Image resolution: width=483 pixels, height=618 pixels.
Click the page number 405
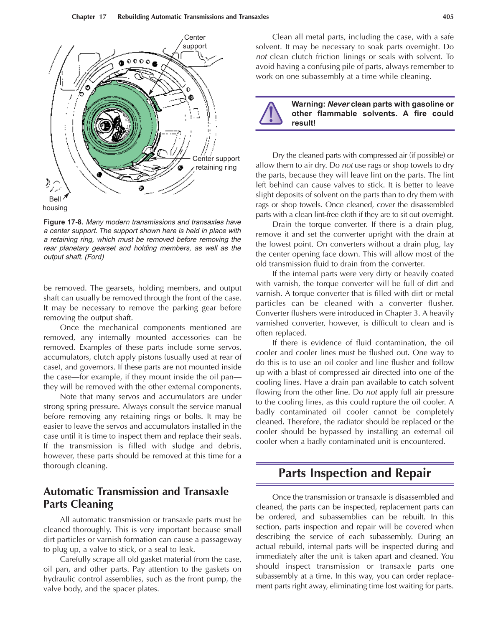[x=447, y=17]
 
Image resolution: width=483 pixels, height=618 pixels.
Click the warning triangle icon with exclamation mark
[x=271, y=113]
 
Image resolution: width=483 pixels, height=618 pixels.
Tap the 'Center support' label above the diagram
[x=195, y=42]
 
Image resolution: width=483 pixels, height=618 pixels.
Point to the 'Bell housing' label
[x=55, y=203]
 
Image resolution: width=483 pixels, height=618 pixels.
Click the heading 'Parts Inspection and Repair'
[x=354, y=473]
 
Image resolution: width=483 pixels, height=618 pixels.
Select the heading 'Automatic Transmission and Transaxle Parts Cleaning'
[x=136, y=498]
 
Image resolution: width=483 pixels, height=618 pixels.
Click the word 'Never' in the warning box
[x=338, y=104]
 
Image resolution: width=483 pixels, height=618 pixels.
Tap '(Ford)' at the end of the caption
[x=94, y=257]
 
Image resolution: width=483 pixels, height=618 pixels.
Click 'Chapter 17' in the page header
[x=89, y=17]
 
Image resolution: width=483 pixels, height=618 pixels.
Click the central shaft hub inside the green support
[x=107, y=125]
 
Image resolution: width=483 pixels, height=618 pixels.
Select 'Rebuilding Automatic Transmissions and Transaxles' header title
[x=193, y=17]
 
